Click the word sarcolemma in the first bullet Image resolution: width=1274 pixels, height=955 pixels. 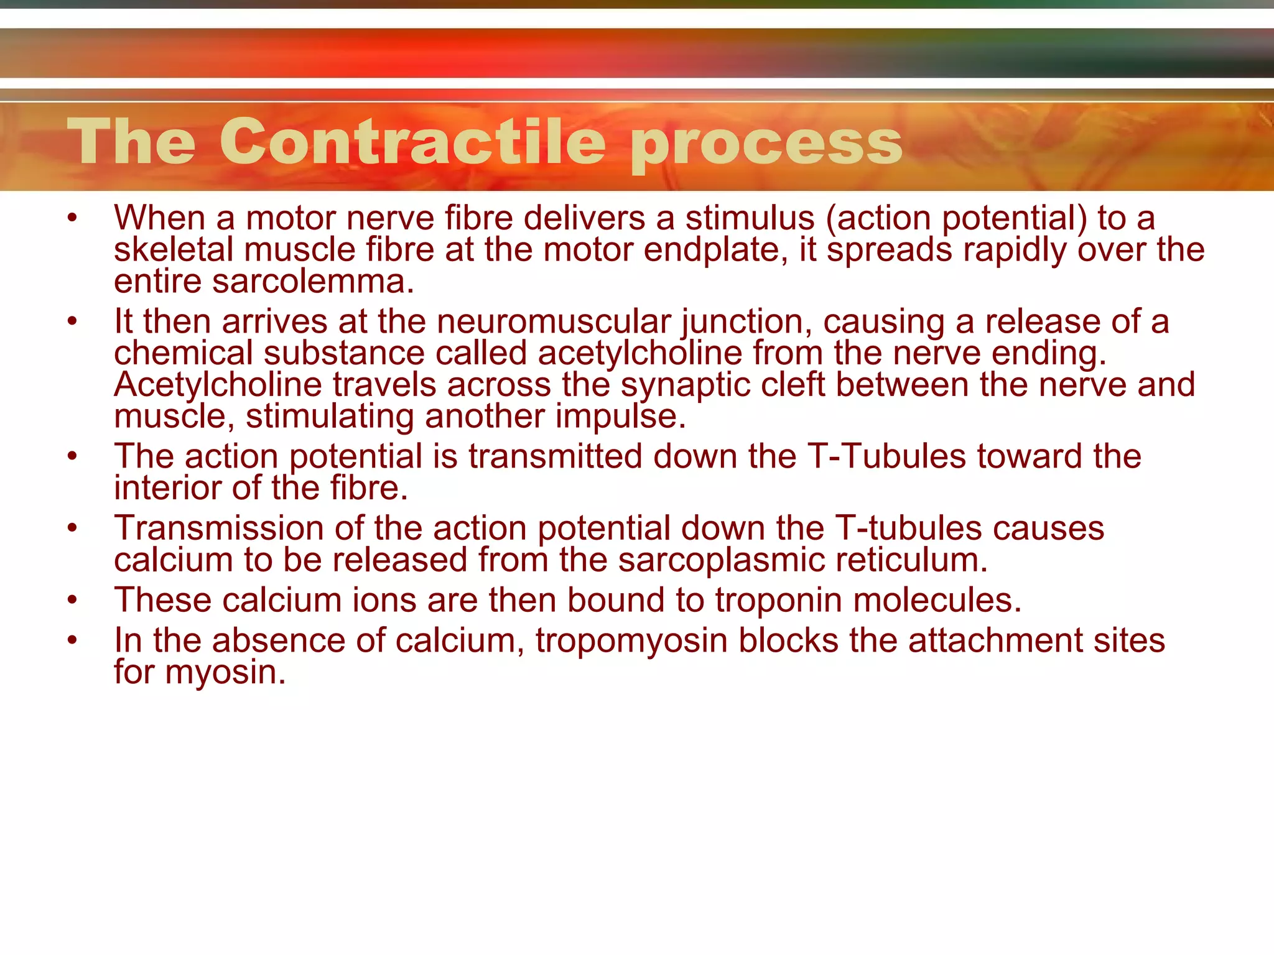coord(313,282)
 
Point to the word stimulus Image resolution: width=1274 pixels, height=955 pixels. coord(750,218)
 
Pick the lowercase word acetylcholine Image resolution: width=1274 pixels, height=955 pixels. coord(640,353)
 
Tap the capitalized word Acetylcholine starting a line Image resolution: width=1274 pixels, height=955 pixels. coord(218,385)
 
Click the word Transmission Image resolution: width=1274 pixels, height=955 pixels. coord(218,528)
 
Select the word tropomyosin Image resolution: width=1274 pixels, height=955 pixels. coord(631,641)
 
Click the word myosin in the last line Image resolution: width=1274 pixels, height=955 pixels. coord(225,673)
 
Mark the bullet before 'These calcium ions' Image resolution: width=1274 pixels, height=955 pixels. coord(73,600)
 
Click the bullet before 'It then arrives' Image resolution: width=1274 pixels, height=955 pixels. coord(73,321)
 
